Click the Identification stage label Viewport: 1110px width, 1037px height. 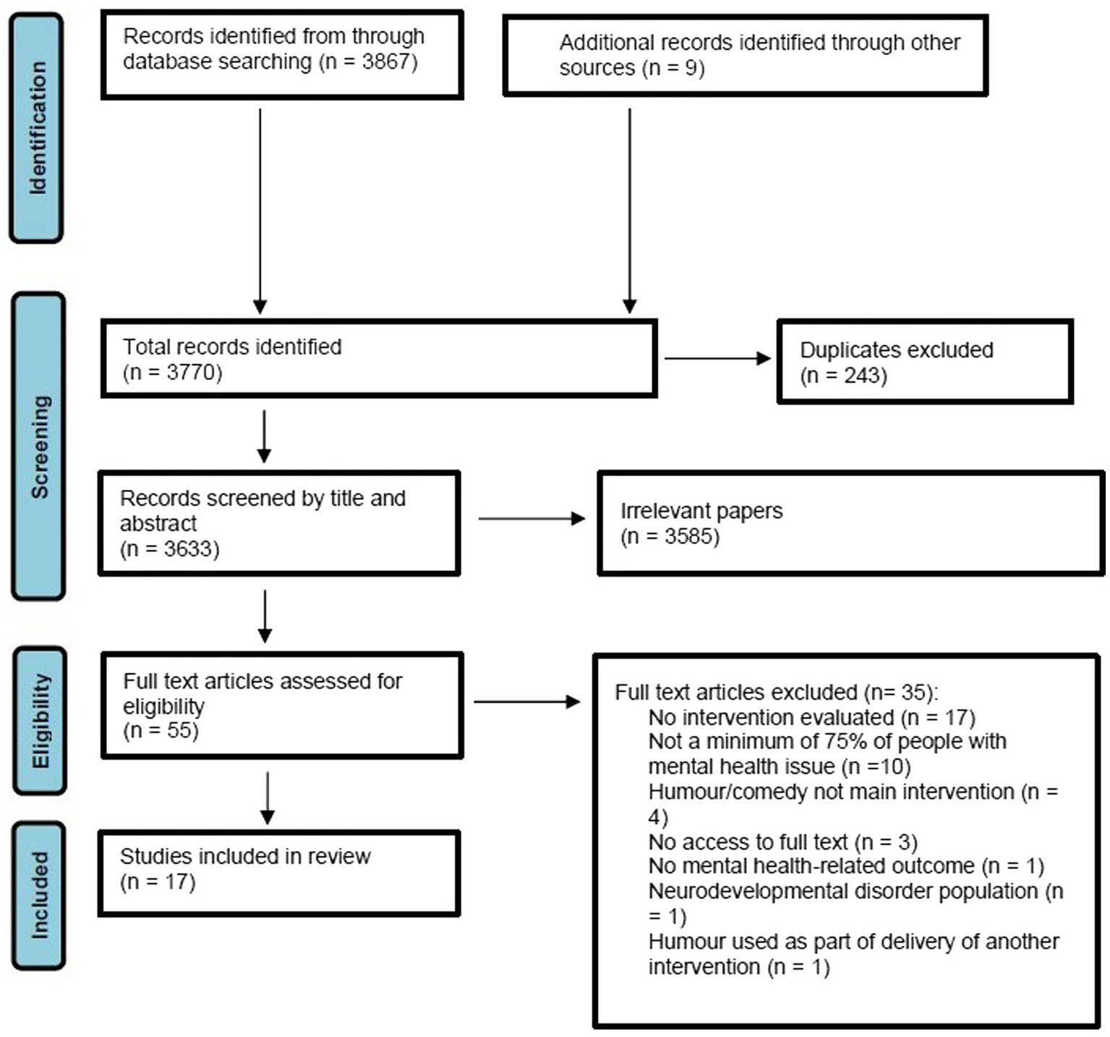(x=37, y=127)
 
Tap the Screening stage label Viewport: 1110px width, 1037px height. (x=39, y=446)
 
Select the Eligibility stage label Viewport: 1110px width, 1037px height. (x=40, y=721)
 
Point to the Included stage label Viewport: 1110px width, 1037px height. (x=39, y=895)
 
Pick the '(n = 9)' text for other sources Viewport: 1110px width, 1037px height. (x=670, y=68)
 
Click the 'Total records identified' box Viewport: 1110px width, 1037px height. (x=378, y=359)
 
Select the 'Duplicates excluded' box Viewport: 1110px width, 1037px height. (x=924, y=362)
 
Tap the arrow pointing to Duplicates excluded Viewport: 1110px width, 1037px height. (x=717, y=358)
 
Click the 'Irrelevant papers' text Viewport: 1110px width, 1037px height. (x=701, y=511)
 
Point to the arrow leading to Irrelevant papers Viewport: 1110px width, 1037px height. (x=531, y=518)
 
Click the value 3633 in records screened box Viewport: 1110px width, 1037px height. (x=191, y=549)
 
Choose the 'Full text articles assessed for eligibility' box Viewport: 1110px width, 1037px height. (x=281, y=705)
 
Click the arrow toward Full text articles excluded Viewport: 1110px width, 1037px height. (x=526, y=701)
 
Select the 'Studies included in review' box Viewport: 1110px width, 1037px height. (x=279, y=873)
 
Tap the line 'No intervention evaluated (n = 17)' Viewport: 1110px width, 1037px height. (x=811, y=717)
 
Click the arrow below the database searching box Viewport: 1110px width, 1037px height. (x=260, y=210)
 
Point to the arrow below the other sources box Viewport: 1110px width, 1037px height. (x=630, y=210)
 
